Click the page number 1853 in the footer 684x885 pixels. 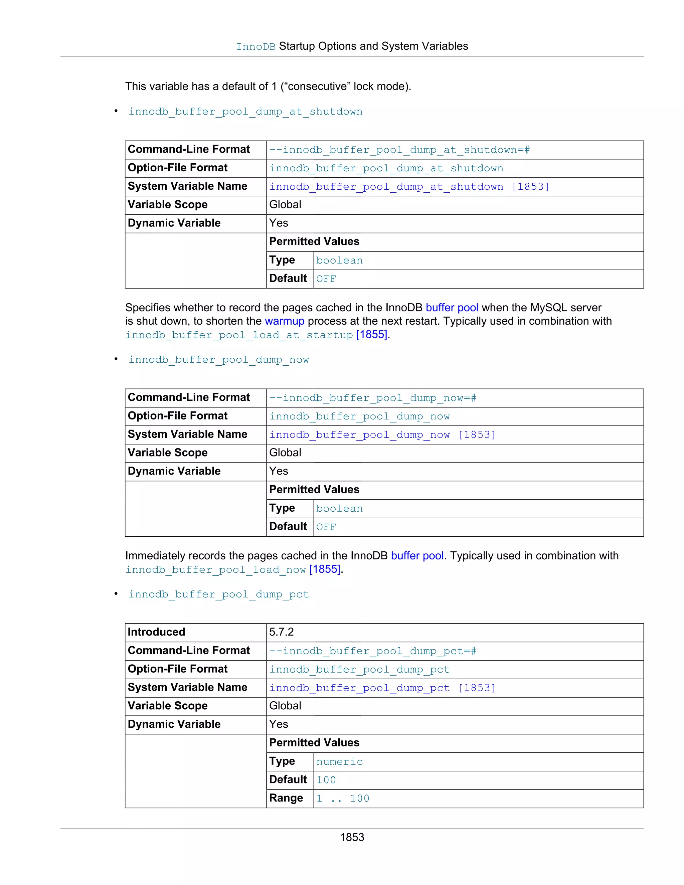(x=352, y=837)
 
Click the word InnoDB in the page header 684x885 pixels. (x=256, y=47)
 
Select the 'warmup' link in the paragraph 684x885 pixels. (x=285, y=321)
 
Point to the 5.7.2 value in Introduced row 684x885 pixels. (x=281, y=632)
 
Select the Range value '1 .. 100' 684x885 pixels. (x=343, y=798)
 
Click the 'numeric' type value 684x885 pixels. (x=339, y=761)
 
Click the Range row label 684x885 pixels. (x=286, y=798)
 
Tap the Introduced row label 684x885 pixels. (x=156, y=632)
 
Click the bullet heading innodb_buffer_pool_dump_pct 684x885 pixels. (x=218, y=594)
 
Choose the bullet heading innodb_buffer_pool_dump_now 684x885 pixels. (x=218, y=360)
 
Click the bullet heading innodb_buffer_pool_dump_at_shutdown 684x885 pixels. (x=245, y=112)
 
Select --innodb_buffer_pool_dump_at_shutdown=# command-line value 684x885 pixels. (x=399, y=150)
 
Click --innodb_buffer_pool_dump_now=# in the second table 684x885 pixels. (x=372, y=398)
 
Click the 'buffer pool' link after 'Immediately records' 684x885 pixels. (x=417, y=556)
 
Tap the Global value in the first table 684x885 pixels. (x=285, y=205)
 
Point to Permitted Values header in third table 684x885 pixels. (x=314, y=743)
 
